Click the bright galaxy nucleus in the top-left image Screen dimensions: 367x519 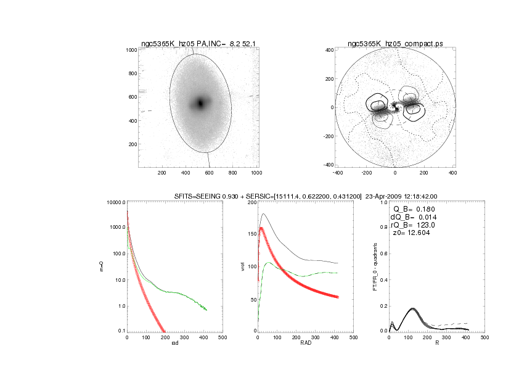[200, 103]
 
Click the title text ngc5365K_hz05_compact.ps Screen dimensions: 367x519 [394, 44]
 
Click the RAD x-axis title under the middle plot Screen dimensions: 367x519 [305, 343]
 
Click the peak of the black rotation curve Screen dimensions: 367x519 [263, 214]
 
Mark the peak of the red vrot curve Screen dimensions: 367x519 [261, 228]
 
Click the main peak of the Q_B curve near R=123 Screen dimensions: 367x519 [412, 308]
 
